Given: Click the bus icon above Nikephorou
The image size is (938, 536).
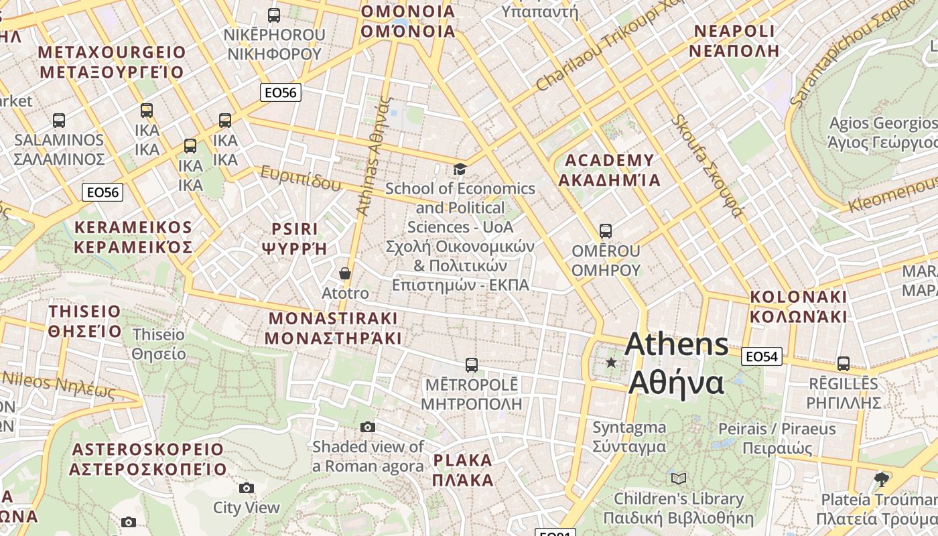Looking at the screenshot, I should point(273,15).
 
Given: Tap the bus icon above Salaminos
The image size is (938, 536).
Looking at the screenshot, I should point(59,121).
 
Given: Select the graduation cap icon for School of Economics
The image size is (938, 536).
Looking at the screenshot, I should point(460,169).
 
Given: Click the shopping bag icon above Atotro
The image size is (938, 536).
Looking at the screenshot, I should point(345,273).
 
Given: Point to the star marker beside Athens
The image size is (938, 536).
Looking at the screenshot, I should point(611,362).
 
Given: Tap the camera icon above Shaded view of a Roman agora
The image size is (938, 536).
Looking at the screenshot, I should point(367,427).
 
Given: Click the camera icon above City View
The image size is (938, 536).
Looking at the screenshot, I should point(247,488).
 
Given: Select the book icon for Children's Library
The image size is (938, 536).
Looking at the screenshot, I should point(679,478).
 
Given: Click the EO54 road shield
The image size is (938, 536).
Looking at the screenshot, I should point(762,356).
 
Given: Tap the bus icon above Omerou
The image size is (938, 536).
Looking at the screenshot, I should point(606,231).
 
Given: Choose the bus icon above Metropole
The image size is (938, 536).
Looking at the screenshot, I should point(472,365).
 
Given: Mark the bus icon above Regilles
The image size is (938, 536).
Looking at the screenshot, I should point(843,364).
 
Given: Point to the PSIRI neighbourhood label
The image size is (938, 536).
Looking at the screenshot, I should point(295,239).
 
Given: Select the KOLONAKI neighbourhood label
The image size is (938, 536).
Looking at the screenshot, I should point(798,306).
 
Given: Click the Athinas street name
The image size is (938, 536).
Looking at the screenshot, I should point(373,156).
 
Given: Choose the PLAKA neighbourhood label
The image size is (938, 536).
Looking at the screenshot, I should point(462,470).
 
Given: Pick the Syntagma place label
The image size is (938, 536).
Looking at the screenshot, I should point(629,437).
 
